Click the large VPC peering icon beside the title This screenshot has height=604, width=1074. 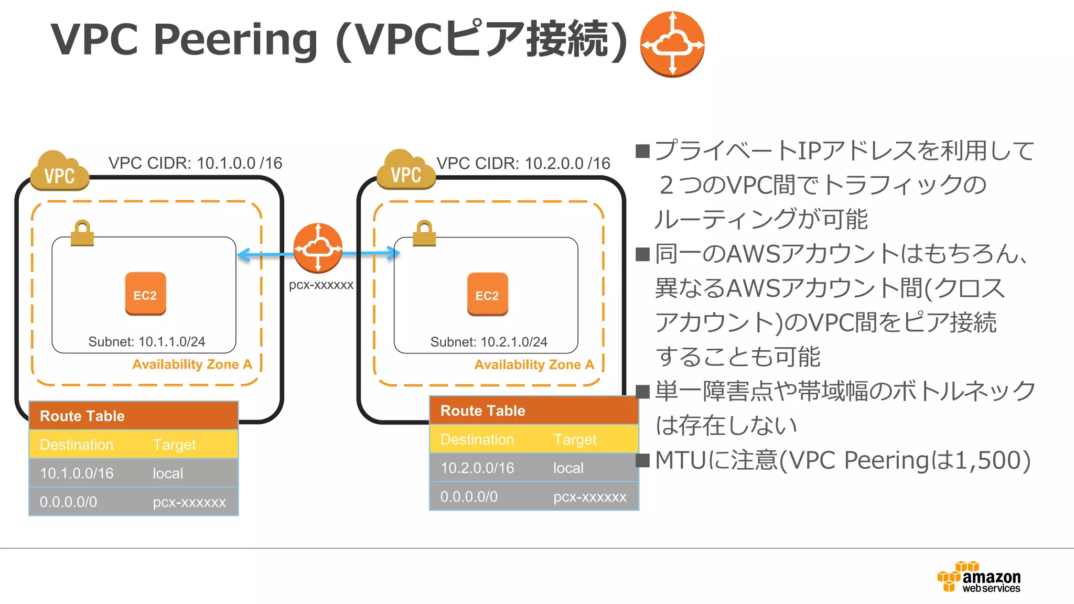coord(672,44)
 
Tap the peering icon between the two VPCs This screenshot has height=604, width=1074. coord(318,248)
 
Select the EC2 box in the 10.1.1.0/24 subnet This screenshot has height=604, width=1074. coord(145,294)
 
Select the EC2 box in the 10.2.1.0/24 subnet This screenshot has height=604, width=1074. coord(487,294)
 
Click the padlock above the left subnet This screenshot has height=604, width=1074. coord(82,233)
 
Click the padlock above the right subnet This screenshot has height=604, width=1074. coord(424,233)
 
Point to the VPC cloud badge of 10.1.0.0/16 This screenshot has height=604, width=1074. coord(59,172)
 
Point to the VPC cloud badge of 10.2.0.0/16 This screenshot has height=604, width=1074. coord(406,171)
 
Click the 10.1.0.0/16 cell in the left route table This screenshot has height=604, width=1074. coord(77,473)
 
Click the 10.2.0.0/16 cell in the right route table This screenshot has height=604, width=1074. coord(477,468)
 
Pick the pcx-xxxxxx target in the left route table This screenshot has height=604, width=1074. coord(189,502)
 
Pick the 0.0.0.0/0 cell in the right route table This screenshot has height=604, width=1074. coord(469,497)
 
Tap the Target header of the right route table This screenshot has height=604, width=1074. coord(575,439)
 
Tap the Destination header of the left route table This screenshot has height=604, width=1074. coord(77,445)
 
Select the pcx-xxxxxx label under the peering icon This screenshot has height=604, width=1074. coord(321,285)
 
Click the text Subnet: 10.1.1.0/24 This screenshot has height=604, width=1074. coord(146,342)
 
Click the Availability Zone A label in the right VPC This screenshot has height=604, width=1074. coord(534,364)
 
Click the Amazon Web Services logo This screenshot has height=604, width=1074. coord(979,578)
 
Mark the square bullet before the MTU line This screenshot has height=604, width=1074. coord(642,460)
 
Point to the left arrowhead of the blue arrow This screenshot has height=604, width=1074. coord(243,255)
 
